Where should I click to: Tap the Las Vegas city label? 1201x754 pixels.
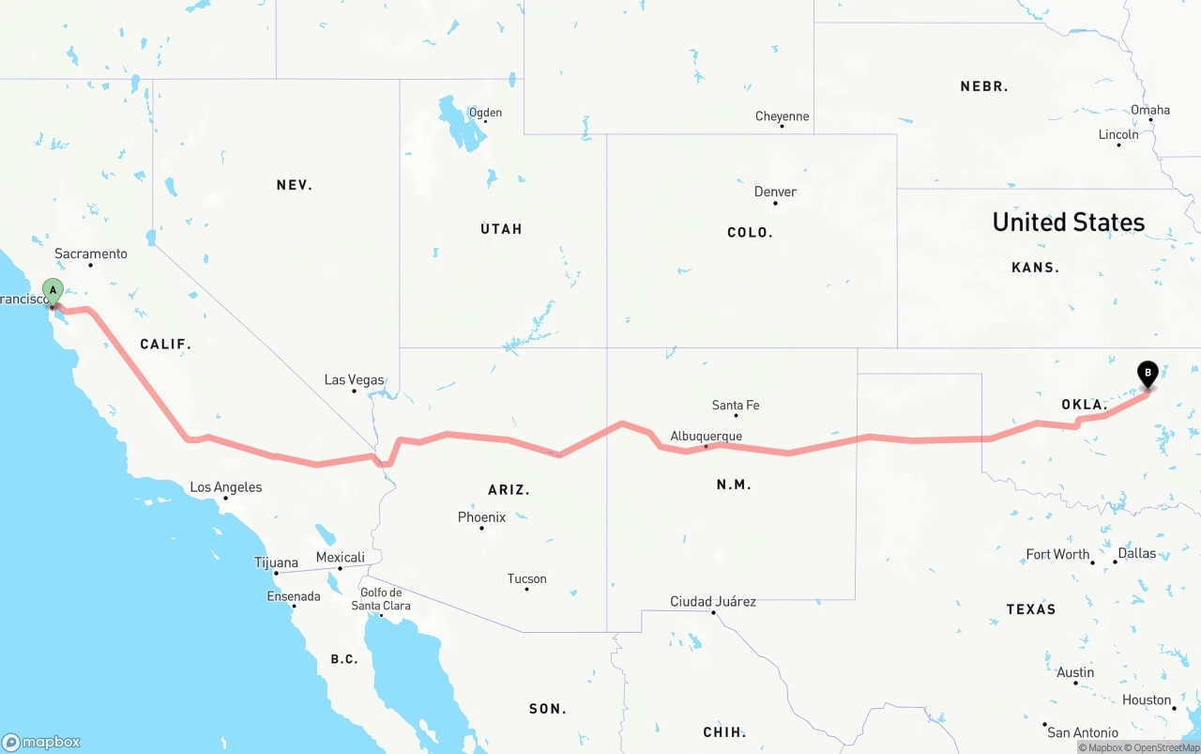tap(354, 380)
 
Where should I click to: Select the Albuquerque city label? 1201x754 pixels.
tap(706, 436)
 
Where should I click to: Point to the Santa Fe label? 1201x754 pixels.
tap(736, 406)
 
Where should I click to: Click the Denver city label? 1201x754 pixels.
tap(775, 192)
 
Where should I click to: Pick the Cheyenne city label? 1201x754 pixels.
tap(782, 116)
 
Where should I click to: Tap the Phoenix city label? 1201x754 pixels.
tap(481, 517)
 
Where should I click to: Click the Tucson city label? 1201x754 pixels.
tap(526, 578)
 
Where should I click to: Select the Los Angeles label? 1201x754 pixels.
tap(226, 487)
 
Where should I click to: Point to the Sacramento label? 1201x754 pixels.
tap(90, 254)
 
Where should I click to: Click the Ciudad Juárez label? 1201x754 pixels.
tap(712, 601)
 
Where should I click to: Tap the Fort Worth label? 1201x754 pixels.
tap(1057, 554)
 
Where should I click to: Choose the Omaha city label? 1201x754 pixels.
tap(1150, 110)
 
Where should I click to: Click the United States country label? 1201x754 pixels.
tap(1069, 222)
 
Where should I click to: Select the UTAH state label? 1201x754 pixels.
tap(501, 229)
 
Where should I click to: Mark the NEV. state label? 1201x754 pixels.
tap(295, 185)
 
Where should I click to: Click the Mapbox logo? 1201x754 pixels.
tap(41, 742)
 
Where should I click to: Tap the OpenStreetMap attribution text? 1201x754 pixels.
tap(1164, 747)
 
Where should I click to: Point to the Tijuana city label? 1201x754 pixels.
tap(276, 562)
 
